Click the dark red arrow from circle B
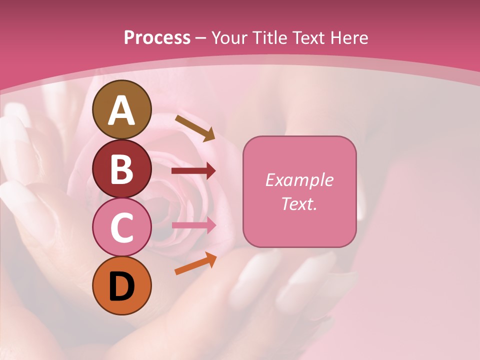tap(193, 171)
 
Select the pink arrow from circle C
tap(193, 225)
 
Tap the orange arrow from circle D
tap(195, 263)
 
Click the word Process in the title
tap(157, 38)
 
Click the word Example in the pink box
tap(299, 180)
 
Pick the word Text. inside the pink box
tap(299, 203)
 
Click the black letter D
tap(121, 286)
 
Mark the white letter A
tap(121, 111)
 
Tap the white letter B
tap(121, 169)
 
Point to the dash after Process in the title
tap(201, 38)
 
